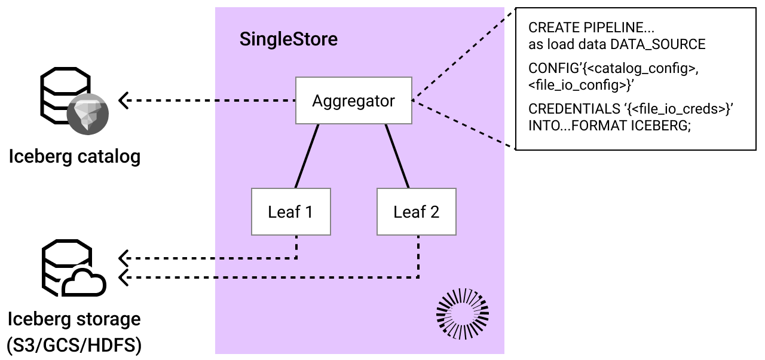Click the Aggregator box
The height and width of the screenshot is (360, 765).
pos(354,100)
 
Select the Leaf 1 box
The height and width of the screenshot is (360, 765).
pos(290,212)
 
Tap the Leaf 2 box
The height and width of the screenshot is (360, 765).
pos(416,212)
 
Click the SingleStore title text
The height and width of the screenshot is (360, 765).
pos(288,39)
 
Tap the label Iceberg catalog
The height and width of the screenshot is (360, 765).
pos(75,157)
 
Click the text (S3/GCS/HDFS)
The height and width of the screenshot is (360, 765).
pos(74,346)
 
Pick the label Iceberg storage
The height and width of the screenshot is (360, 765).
pos(74,319)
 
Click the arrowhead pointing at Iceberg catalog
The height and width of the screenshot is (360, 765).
pos(124,100)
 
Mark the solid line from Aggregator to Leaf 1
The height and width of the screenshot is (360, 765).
pos(306,157)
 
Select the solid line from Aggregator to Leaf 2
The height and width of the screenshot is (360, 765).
pos(397,157)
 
